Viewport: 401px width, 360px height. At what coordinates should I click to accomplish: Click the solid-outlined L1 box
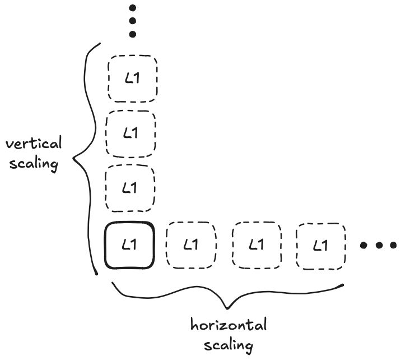pyautogui.click(x=129, y=246)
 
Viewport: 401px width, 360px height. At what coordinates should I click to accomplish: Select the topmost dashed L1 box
pyautogui.click(x=132, y=79)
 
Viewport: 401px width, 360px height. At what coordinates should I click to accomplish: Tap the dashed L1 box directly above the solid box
pyautogui.click(x=130, y=188)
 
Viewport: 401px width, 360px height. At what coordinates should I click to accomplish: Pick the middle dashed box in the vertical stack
pyautogui.click(x=132, y=133)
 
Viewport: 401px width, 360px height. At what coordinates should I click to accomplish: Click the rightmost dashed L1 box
pyautogui.click(x=320, y=246)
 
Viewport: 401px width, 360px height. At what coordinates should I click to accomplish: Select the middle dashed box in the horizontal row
pyautogui.click(x=256, y=246)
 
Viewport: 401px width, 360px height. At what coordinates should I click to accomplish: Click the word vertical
pyautogui.click(x=34, y=144)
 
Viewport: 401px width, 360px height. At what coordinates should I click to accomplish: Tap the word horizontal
pyautogui.click(x=229, y=325)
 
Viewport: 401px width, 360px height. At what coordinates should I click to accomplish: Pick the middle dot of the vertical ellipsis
pyautogui.click(x=132, y=21)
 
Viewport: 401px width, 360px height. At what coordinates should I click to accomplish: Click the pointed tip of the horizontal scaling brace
pyautogui.click(x=227, y=307)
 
